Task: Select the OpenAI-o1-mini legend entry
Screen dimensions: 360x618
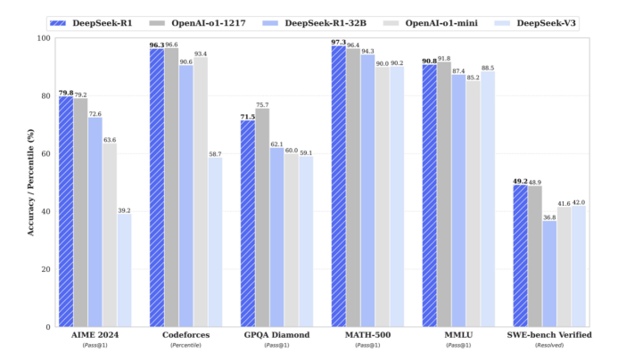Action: pyautogui.click(x=443, y=20)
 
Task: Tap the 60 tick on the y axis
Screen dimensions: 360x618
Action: pyautogui.click(x=44, y=154)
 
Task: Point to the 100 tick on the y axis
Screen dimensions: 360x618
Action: pyautogui.click(x=41, y=38)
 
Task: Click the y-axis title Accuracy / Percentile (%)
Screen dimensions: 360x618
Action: pyautogui.click(x=31, y=183)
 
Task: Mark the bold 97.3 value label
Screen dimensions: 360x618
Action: pyautogui.click(x=338, y=42)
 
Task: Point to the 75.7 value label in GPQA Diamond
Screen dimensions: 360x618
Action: pyautogui.click(x=262, y=105)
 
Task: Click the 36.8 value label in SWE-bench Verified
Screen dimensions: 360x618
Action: pyautogui.click(x=550, y=217)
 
